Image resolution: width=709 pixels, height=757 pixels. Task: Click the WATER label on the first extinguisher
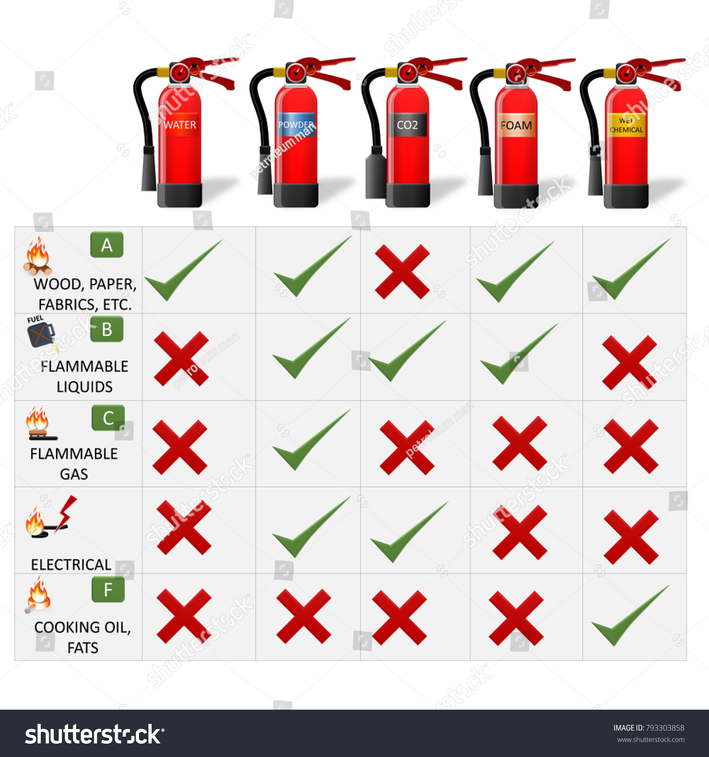tap(180, 125)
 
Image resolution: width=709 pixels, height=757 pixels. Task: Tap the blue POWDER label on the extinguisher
tap(296, 124)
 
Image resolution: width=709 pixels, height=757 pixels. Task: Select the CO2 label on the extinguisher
tap(407, 125)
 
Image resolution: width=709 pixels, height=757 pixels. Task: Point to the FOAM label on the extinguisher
tap(516, 125)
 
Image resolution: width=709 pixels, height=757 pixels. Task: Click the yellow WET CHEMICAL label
tap(626, 125)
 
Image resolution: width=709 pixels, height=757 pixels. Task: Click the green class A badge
tap(107, 245)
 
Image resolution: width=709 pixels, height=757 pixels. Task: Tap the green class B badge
tap(107, 329)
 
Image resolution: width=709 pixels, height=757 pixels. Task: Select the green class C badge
tap(108, 418)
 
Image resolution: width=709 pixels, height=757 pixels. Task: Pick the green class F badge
tap(108, 590)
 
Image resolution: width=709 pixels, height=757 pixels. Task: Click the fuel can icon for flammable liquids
tap(41, 334)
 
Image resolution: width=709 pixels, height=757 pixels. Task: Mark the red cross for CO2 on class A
tap(402, 272)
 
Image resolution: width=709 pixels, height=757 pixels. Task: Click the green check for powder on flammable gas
tap(311, 440)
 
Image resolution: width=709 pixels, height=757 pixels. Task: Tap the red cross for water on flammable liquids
tap(181, 359)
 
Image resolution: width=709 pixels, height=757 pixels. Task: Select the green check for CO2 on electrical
tap(408, 532)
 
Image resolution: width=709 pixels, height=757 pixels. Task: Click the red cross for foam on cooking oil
tap(516, 618)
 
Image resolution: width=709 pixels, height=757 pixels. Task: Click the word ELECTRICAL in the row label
tap(71, 564)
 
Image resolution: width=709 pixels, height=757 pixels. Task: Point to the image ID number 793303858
tap(665, 728)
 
